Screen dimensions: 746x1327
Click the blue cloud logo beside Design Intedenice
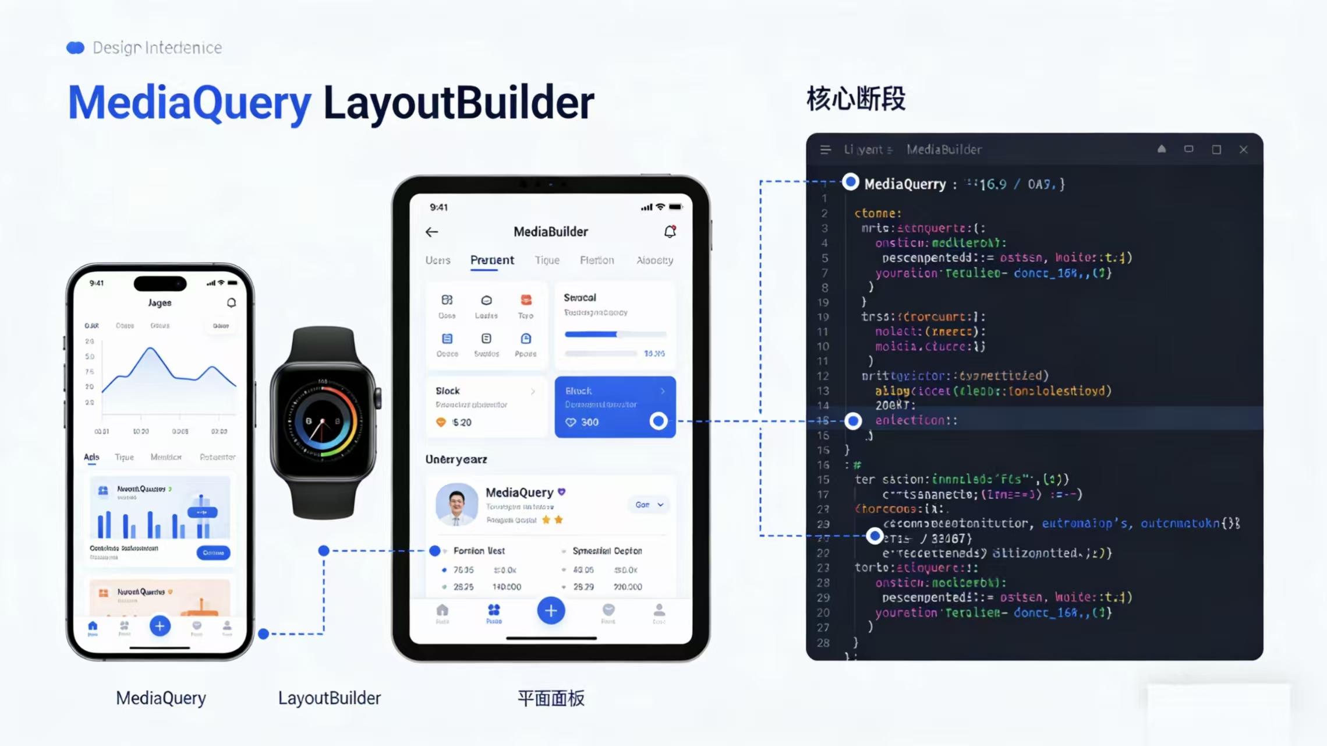[x=75, y=48]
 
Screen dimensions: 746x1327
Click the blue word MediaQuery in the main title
[x=190, y=103]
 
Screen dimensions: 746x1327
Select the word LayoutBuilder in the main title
[x=458, y=103]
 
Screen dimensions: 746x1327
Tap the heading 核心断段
[x=855, y=98]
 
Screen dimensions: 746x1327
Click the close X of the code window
[x=1243, y=150]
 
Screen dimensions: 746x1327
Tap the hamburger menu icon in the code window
[x=825, y=150]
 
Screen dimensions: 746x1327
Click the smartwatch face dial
[x=323, y=421]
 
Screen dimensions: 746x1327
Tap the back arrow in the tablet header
[x=431, y=232]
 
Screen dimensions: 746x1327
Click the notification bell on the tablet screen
[x=670, y=231]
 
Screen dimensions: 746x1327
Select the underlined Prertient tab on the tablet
[x=492, y=260]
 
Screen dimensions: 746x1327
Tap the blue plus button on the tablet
[x=550, y=611]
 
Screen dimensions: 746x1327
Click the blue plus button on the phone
[x=160, y=626]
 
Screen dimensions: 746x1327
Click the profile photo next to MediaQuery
[x=457, y=504]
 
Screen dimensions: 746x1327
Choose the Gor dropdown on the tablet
[x=649, y=505]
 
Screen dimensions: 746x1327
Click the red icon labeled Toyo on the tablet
[x=526, y=301]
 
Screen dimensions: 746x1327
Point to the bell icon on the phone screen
[x=231, y=302]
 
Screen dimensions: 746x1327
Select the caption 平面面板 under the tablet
[x=550, y=698]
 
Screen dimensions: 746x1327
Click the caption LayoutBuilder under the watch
[x=329, y=698]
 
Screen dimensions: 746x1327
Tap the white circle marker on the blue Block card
[x=658, y=421]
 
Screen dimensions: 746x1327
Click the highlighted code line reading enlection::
[x=916, y=420]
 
